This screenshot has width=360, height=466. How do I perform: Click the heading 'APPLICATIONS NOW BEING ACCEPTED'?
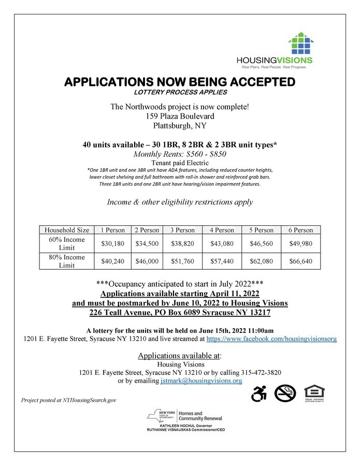(180, 82)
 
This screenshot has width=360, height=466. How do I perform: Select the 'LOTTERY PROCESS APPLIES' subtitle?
(180, 92)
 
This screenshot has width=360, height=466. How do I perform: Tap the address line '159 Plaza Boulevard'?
(180, 116)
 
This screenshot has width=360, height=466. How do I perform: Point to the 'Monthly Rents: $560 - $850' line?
(180, 154)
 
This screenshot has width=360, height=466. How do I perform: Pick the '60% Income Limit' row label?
(66, 243)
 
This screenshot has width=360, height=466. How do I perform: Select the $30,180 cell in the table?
(112, 243)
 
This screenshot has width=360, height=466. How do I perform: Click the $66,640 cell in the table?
(300, 261)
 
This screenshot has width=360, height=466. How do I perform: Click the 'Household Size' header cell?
(66, 230)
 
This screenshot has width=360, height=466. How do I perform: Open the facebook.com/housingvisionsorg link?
(271, 339)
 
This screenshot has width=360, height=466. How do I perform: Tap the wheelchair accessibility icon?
(258, 394)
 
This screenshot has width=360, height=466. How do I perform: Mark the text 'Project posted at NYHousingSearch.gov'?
(69, 400)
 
